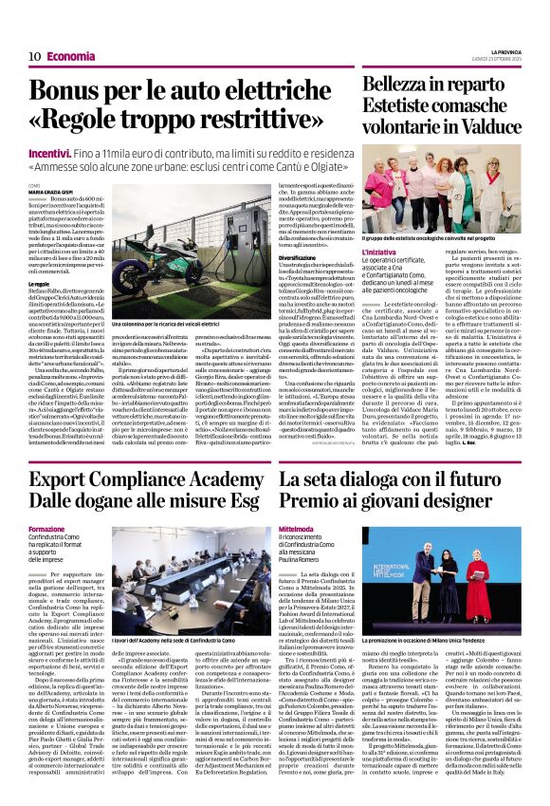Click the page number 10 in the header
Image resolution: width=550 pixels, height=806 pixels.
pyautogui.click(x=33, y=56)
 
